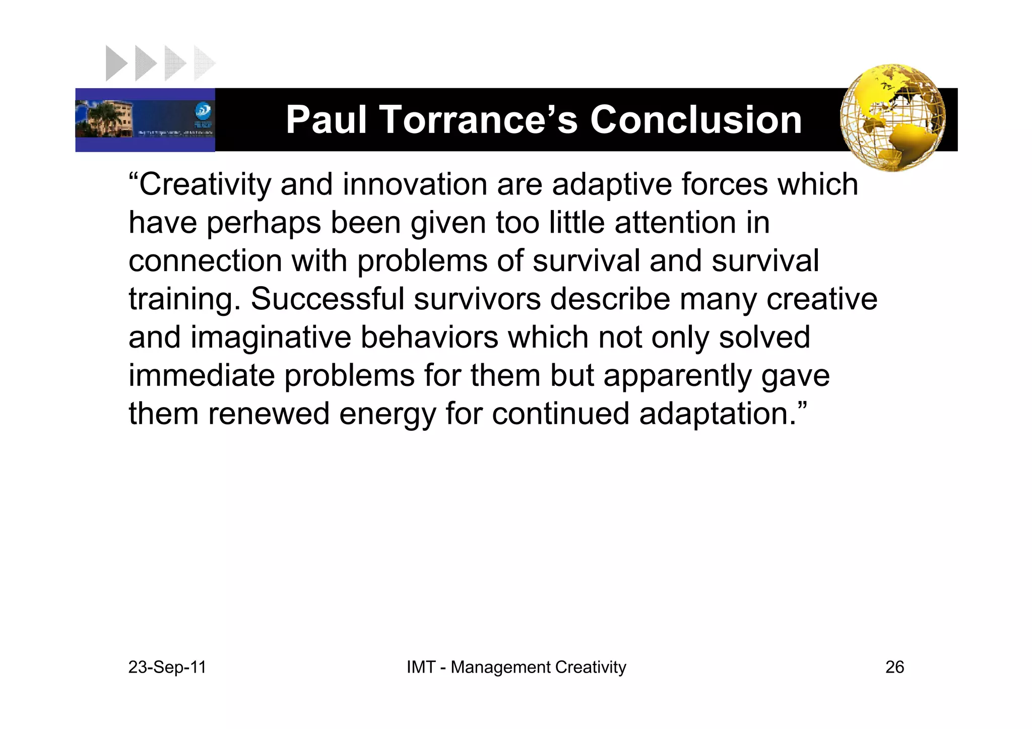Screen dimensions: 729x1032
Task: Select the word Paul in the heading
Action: [x=326, y=120]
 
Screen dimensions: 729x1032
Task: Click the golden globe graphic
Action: [x=892, y=117]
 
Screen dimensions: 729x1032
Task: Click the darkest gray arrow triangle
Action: [x=115, y=63]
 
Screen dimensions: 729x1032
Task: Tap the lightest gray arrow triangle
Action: [x=204, y=63]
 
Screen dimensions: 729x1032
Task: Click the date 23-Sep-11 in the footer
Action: [x=167, y=667]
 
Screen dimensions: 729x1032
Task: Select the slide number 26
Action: [x=894, y=667]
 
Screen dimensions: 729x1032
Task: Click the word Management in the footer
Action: [x=501, y=667]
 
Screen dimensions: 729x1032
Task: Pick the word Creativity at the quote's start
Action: [x=204, y=184]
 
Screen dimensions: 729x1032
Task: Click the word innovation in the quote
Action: [x=415, y=184]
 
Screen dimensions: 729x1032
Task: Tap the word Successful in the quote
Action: [x=328, y=299]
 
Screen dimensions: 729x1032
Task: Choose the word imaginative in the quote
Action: [x=271, y=338]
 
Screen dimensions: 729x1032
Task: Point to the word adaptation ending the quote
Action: [x=717, y=414]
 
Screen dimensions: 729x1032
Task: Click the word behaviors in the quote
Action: [x=429, y=337]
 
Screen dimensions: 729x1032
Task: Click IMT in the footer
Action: [x=421, y=667]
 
